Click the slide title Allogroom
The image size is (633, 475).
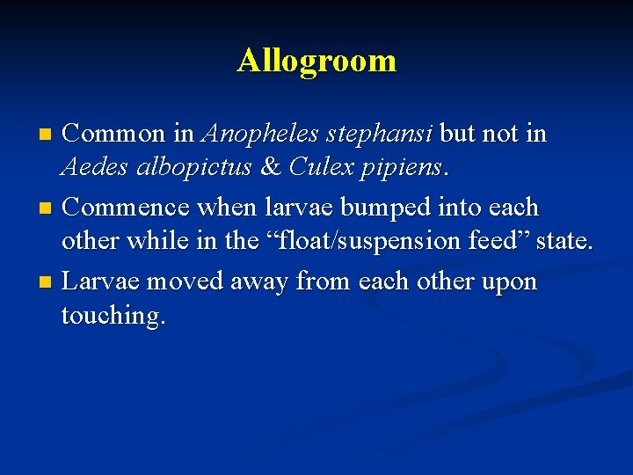[316, 62]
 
